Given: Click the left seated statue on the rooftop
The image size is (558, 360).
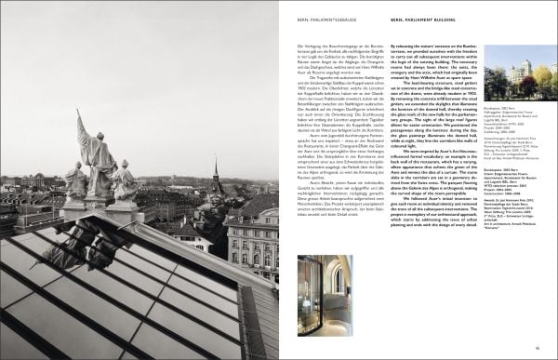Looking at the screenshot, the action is pyautogui.click(x=76, y=181).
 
